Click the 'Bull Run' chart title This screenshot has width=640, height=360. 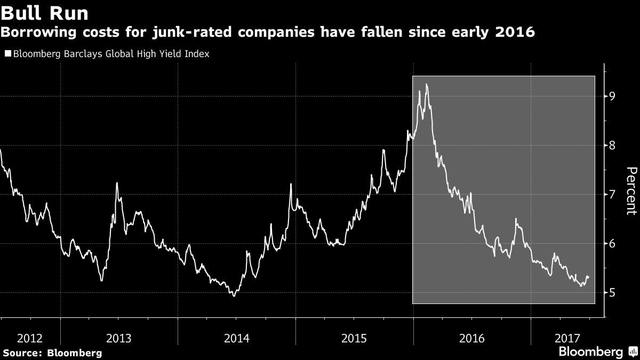coord(44,13)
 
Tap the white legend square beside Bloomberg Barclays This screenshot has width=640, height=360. coord(7,53)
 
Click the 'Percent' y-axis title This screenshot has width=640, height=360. coord(630,190)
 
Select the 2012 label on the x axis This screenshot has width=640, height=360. coord(30,338)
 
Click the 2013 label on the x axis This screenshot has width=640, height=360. coord(119,338)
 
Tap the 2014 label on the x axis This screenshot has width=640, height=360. coord(236,338)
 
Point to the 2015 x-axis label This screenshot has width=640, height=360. coord(354,338)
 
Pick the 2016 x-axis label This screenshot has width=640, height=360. coord(471,338)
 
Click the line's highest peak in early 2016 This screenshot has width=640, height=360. coord(426,84)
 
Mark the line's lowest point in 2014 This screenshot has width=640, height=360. coord(234,296)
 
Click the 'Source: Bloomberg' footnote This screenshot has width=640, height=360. coord(52,353)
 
